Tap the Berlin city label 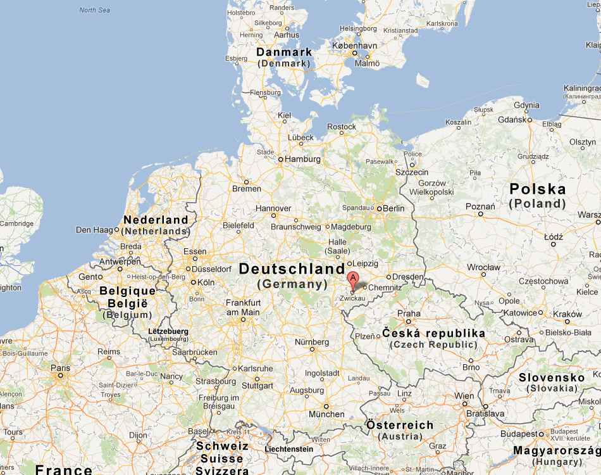click(x=393, y=208)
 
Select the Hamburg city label click(x=303, y=159)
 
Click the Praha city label click(x=409, y=313)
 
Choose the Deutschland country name click(x=292, y=269)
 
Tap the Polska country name click(x=538, y=189)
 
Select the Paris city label click(x=61, y=367)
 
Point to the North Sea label click(x=95, y=10)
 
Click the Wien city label click(x=464, y=396)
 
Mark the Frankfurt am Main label click(x=243, y=307)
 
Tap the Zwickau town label click(x=352, y=298)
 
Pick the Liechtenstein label click(x=288, y=449)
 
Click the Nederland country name click(x=156, y=220)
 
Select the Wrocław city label click(x=483, y=267)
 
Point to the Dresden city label click(x=407, y=277)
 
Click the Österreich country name click(x=400, y=425)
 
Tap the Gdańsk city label click(x=512, y=119)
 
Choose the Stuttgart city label click(x=257, y=385)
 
